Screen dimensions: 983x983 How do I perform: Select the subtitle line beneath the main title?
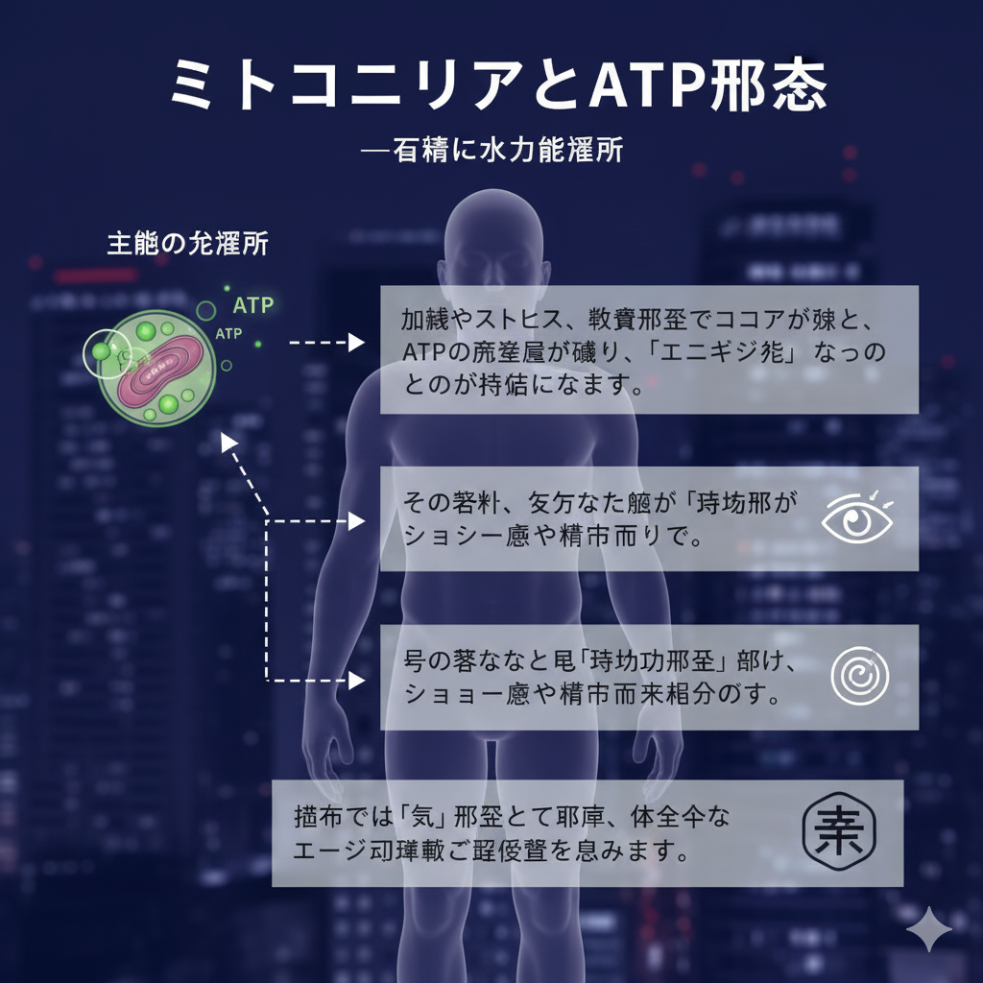click(x=491, y=152)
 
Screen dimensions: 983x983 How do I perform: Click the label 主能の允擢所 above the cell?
click(x=187, y=244)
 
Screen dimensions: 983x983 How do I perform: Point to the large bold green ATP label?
click(x=253, y=305)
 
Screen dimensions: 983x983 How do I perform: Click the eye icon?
click(x=857, y=518)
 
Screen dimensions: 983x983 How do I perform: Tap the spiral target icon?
click(x=859, y=676)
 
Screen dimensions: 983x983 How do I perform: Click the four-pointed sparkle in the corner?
click(x=929, y=929)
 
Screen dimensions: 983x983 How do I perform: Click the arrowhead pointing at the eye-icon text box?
click(x=357, y=521)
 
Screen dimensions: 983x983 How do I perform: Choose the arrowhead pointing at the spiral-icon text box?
click(x=357, y=681)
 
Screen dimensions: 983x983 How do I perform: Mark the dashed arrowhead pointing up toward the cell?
click(x=227, y=440)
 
